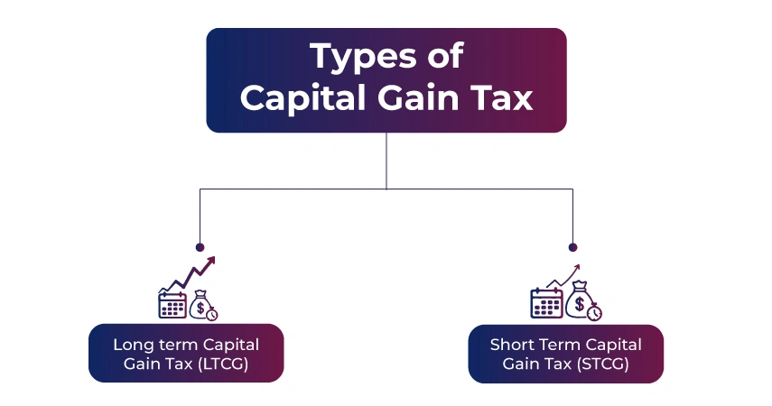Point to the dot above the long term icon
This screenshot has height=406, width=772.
coord(200,246)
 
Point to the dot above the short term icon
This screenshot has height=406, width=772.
coord(572,246)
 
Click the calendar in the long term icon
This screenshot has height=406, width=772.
coord(172,303)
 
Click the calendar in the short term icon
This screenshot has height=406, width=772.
coord(545,303)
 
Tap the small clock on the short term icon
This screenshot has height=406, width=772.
coord(594,312)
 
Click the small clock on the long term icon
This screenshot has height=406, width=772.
coord(211,313)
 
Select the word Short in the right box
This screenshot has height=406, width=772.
coord(512,345)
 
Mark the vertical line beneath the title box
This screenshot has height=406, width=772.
coord(386,161)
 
